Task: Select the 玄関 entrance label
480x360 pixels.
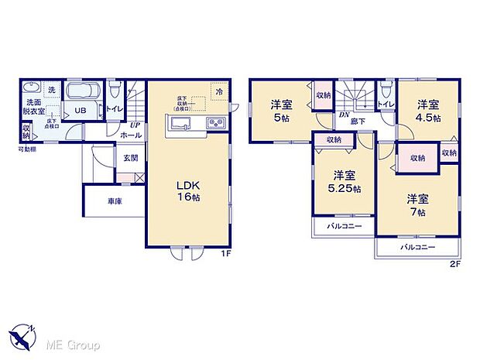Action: tap(131, 159)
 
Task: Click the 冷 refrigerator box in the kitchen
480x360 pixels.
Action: tap(219, 92)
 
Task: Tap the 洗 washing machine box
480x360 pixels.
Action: tap(52, 91)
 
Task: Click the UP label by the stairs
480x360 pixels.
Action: tap(135, 125)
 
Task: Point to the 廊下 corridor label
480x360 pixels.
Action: tap(357, 121)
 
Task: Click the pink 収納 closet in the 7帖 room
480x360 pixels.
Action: tap(417, 157)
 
